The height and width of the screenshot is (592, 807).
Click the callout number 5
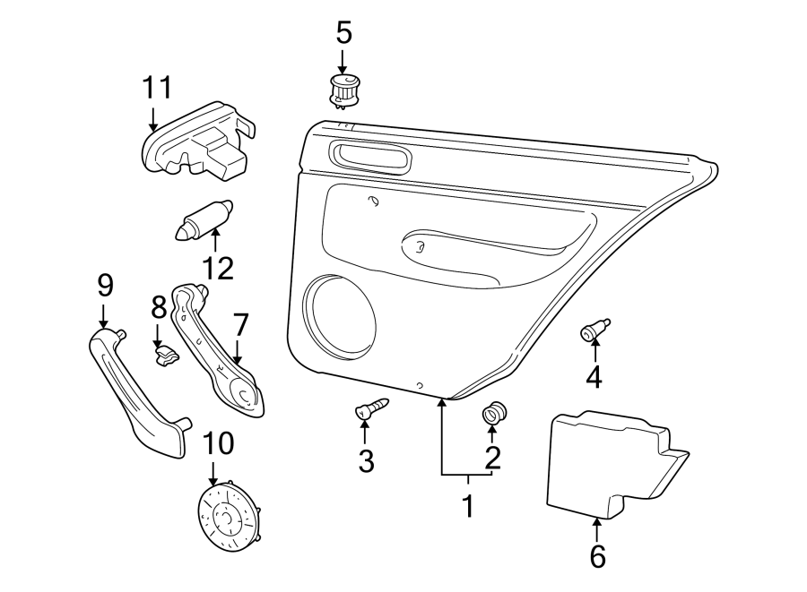click(x=344, y=33)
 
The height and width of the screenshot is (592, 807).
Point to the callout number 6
click(x=597, y=556)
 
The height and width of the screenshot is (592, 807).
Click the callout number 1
click(x=466, y=507)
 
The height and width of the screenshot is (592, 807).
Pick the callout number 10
click(x=218, y=442)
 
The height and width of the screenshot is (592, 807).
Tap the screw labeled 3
click(x=373, y=408)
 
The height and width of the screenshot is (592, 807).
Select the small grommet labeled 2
click(x=493, y=414)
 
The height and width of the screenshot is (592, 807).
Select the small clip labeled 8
click(x=165, y=357)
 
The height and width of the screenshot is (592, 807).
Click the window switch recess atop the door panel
click(x=370, y=158)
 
